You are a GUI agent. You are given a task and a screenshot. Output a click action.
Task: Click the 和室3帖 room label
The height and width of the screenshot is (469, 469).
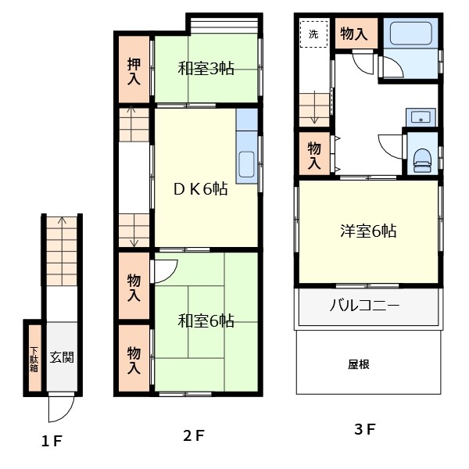pyautogui.click(x=206, y=68)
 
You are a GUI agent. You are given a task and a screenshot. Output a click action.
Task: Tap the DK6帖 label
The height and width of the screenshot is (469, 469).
pyautogui.click(x=200, y=189)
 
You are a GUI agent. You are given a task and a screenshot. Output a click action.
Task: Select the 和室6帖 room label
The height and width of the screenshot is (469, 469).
pyautogui.click(x=206, y=320)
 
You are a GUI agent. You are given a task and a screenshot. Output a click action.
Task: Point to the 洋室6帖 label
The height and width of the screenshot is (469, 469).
pyautogui.click(x=367, y=231)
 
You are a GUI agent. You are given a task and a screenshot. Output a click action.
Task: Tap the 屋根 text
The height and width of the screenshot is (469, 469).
pyautogui.click(x=358, y=363)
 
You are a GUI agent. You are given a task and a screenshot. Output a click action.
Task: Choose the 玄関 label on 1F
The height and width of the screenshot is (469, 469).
pyautogui.click(x=62, y=357)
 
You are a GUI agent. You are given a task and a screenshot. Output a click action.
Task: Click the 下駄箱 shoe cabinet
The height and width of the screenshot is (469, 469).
pyautogui.click(x=34, y=357)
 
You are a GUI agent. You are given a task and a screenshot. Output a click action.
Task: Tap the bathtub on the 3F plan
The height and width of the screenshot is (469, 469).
pyautogui.click(x=410, y=34)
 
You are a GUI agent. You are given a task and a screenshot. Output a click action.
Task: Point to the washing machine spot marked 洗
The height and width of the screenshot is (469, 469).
pyautogui.click(x=313, y=34)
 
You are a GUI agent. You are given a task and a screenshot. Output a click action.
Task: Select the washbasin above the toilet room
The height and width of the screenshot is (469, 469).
pyautogui.click(x=421, y=118)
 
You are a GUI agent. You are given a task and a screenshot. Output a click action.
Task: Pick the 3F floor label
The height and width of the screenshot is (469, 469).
pyautogui.click(x=364, y=429)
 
